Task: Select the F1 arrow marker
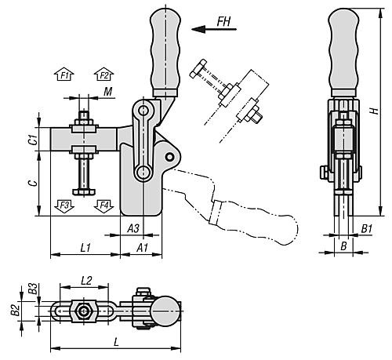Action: pyautogui.click(x=65, y=75)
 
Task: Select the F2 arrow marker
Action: pyautogui.click(x=103, y=75)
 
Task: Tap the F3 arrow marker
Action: pyautogui.click(x=65, y=205)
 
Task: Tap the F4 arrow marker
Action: pyautogui.click(x=103, y=205)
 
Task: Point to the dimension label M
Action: pyautogui.click(x=107, y=93)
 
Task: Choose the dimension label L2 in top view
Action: pyautogui.click(x=87, y=280)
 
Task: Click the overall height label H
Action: pyautogui.click(x=377, y=110)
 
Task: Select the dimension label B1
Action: pyautogui.click(x=366, y=228)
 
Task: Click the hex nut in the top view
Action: pyautogui.click(x=84, y=311)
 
